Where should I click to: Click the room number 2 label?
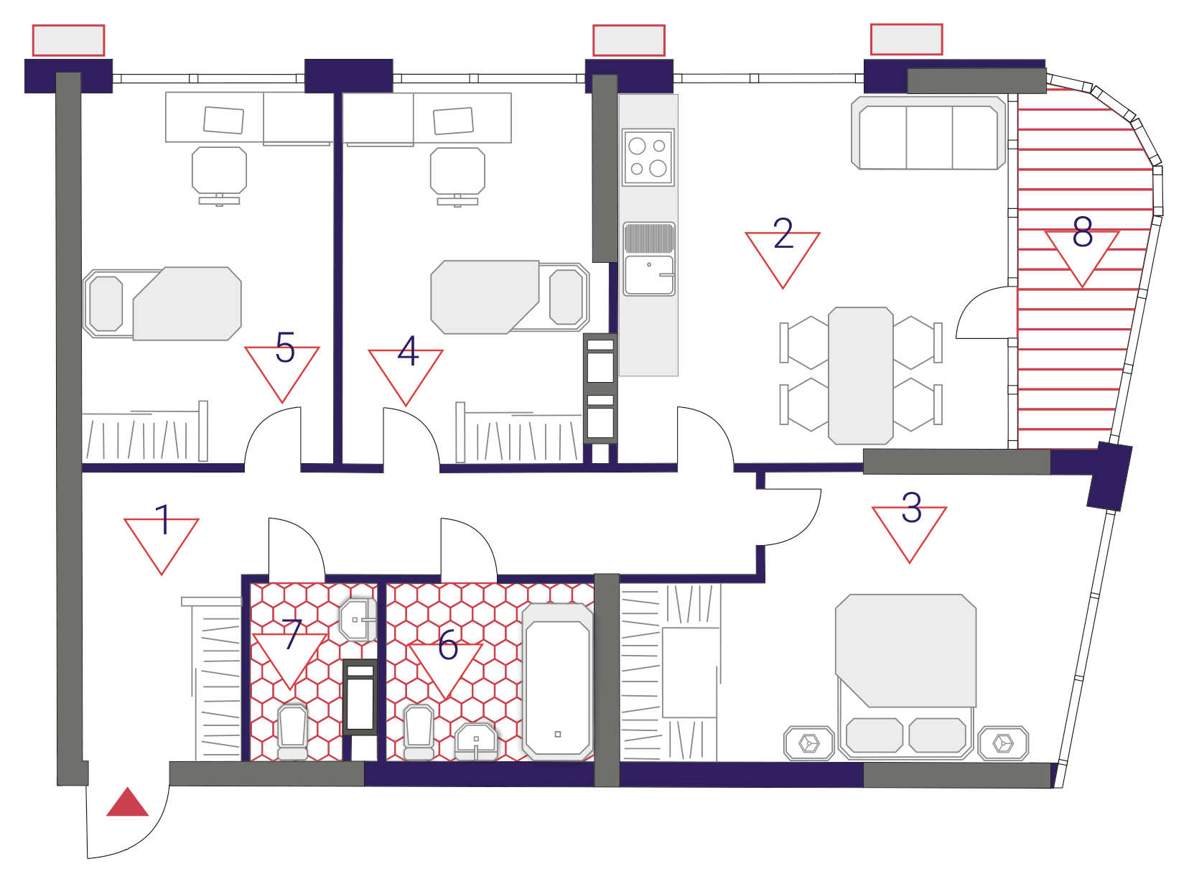tap(783, 233)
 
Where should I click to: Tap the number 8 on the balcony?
tap(1083, 232)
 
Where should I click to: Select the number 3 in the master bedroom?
tap(912, 507)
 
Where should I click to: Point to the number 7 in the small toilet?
tap(292, 634)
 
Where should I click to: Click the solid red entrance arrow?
tap(127, 801)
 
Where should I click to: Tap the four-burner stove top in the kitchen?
tap(648, 157)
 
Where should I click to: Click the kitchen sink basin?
tap(649, 275)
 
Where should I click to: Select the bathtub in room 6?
tap(557, 682)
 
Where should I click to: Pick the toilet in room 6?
tap(419, 732)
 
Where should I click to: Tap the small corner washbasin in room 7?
tap(358, 620)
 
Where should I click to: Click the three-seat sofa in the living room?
tap(928, 133)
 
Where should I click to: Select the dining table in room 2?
tap(860, 376)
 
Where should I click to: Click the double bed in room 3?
tap(905, 676)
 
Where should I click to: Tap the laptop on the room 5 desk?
tap(223, 120)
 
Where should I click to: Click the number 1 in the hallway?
tap(163, 520)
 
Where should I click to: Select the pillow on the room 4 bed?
tap(566, 297)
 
